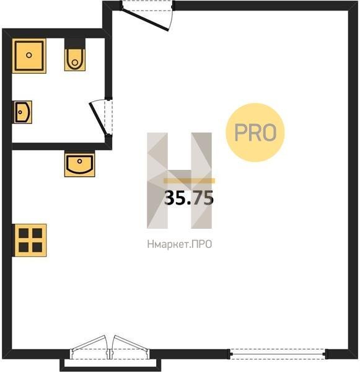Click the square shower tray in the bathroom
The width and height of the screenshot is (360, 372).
[x=29, y=56]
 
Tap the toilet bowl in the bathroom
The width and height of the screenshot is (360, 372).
[x=75, y=60]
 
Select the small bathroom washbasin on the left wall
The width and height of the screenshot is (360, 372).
[x=23, y=112]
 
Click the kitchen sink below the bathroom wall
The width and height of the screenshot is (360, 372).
[x=80, y=164]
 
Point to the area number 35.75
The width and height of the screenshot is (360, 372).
[x=189, y=198]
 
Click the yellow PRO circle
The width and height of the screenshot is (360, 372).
[x=255, y=133]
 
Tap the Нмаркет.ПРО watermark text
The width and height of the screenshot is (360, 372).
[x=180, y=244]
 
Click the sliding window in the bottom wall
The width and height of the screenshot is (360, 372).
[x=278, y=354]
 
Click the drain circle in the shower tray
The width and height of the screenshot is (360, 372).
[x=29, y=55]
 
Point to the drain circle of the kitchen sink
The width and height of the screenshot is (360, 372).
[x=80, y=161]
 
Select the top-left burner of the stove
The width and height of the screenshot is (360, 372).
[x=24, y=233]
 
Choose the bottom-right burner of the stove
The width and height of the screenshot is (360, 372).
[x=37, y=247]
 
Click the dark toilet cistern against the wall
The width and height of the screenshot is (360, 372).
[x=75, y=43]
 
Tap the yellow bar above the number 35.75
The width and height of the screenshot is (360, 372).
[x=189, y=181]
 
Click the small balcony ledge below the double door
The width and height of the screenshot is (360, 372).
[x=110, y=365]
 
